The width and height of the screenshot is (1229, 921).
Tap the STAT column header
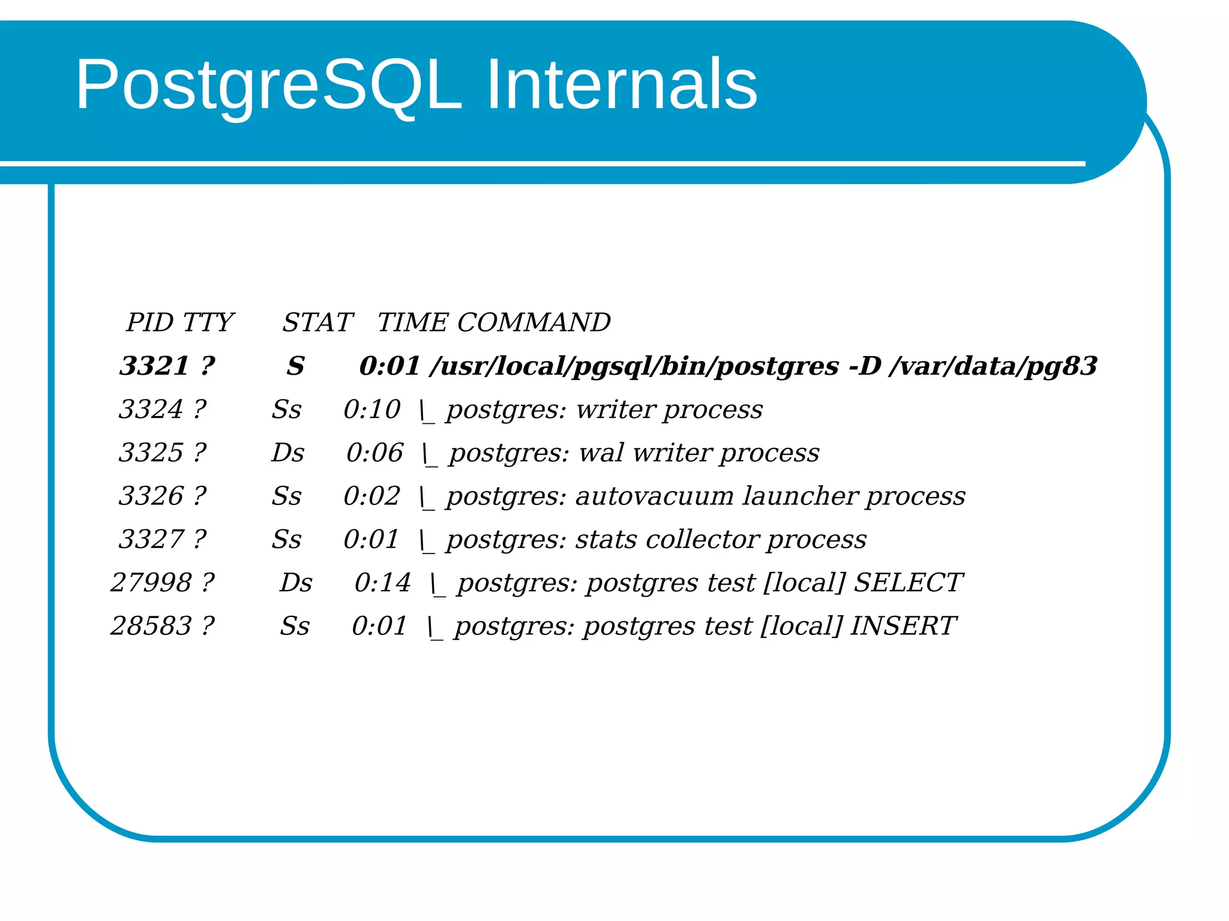coord(317,323)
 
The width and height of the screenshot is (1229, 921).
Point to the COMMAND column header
coord(533,323)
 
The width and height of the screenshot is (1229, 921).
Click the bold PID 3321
coord(154,366)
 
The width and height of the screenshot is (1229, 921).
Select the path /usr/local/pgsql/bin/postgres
coord(634,366)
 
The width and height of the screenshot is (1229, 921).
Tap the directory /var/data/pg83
coord(993,366)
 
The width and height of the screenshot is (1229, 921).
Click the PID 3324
coord(150,410)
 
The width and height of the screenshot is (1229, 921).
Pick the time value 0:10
coord(371,410)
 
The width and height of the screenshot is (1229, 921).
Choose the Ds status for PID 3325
coord(287,453)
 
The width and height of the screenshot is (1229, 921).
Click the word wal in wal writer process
coord(601,453)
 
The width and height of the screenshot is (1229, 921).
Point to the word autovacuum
coord(654,496)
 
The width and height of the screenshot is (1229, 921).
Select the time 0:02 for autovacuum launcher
coord(371,496)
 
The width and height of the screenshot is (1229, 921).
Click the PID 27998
coord(151,583)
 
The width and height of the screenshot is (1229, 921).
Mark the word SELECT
coord(907,583)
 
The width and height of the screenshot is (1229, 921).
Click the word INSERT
coord(902,626)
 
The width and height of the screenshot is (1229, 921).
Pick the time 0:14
coord(382,583)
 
